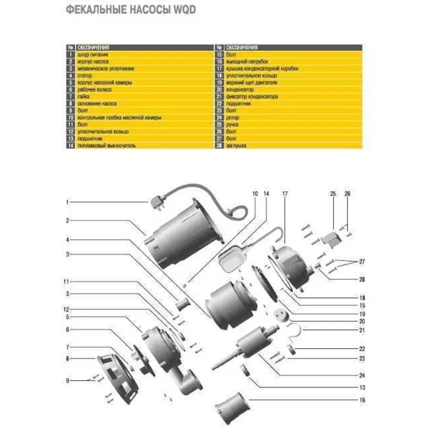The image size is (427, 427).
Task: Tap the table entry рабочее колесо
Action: point(91,89)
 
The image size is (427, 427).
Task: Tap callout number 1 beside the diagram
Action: point(67,202)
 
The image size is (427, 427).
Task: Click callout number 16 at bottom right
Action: point(362,400)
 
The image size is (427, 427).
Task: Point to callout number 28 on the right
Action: point(362,280)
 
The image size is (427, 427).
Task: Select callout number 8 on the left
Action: point(67,359)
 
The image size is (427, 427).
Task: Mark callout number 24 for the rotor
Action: point(362,375)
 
